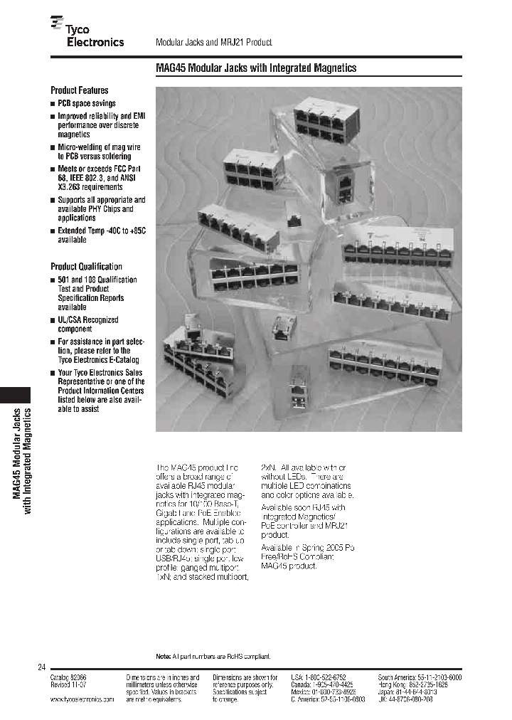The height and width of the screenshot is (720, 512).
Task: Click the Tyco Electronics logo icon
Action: pyautogui.click(x=57, y=25)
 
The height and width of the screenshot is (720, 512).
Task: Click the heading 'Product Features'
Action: pyautogui.click(x=80, y=90)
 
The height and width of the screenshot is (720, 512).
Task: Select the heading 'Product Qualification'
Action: pyautogui.click(x=86, y=266)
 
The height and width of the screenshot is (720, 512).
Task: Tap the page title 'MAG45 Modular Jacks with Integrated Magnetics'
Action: pyautogui.click(x=255, y=68)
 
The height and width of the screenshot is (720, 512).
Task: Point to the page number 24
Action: pyautogui.click(x=41, y=667)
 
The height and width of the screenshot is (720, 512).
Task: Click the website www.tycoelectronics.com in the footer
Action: pyautogui.click(x=82, y=700)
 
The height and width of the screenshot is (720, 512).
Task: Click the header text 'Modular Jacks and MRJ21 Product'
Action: pyautogui.click(x=213, y=43)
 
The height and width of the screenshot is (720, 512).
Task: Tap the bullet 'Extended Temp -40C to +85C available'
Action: pyautogui.click(x=101, y=235)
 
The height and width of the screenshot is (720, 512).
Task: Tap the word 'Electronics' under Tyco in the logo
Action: pyautogui.click(x=95, y=42)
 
